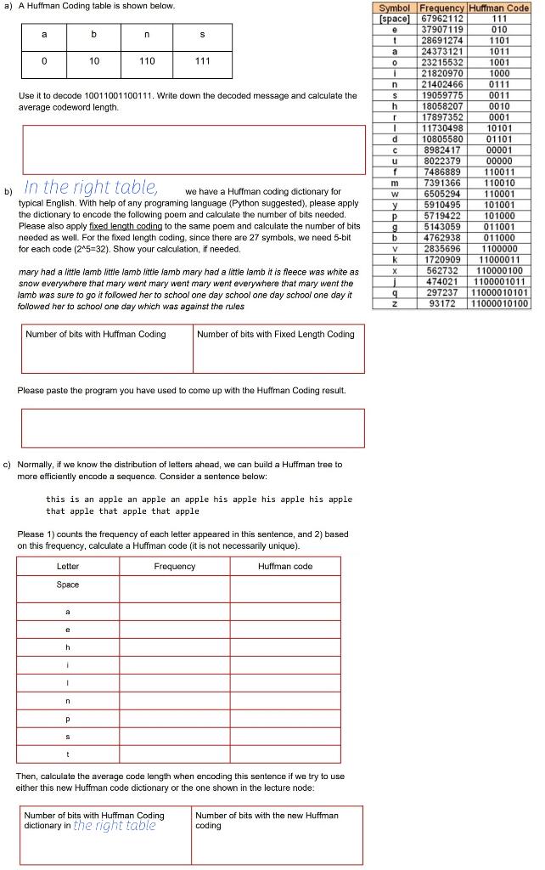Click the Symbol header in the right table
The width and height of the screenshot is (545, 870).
point(394,8)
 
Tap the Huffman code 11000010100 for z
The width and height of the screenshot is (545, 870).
point(500,303)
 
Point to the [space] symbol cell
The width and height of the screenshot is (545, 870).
point(394,18)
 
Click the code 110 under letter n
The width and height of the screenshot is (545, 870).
point(148,61)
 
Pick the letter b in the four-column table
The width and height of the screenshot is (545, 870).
point(94,35)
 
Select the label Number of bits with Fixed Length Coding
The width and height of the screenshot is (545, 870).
point(275,334)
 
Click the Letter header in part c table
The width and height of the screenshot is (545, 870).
point(68,566)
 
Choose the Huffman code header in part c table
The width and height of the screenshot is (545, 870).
point(284,566)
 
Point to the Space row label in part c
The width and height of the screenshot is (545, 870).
point(68,585)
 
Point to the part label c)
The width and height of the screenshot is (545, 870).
point(8,465)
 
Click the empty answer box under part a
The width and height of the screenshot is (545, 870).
point(194,150)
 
